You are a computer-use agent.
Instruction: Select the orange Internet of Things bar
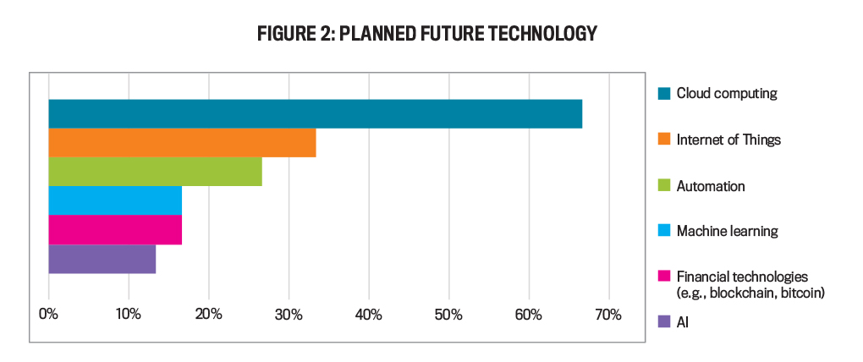click(182, 143)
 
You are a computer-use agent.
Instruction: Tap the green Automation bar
click(155, 172)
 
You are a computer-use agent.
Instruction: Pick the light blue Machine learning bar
click(115, 200)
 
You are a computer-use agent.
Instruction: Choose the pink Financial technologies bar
click(115, 229)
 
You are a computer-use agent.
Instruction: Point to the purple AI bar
click(102, 259)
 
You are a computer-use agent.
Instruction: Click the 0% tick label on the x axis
click(48, 315)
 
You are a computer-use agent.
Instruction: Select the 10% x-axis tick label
click(129, 315)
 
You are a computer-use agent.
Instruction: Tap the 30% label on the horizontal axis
click(289, 315)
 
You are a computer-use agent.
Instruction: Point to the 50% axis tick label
click(448, 315)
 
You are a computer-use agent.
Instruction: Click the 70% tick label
click(607, 315)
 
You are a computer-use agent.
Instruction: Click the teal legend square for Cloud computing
click(664, 94)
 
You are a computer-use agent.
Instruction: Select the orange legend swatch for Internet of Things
click(664, 140)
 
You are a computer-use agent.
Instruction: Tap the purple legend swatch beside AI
click(664, 321)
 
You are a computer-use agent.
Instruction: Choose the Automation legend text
click(711, 186)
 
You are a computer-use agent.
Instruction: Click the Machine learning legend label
click(727, 231)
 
